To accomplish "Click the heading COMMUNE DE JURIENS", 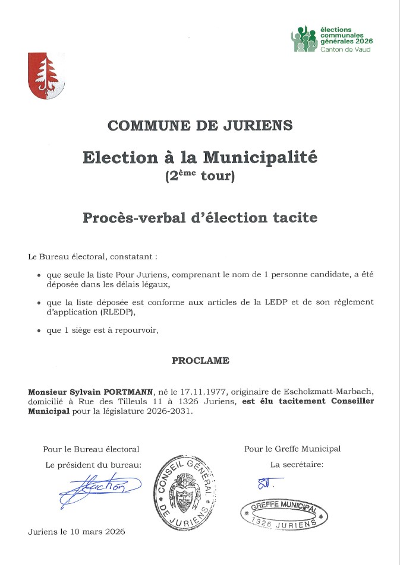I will (200, 125).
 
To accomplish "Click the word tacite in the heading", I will (295, 217).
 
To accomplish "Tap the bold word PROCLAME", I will (200, 360).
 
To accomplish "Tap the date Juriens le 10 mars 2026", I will (77, 532).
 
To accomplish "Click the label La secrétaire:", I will (297, 464).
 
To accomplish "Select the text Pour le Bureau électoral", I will (91, 449).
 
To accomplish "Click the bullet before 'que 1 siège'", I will (39, 331).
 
